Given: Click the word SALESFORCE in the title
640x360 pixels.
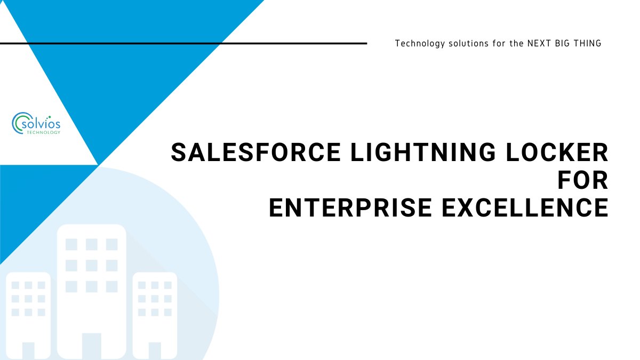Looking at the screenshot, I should point(255,153).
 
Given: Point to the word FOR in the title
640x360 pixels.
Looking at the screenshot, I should point(583,181).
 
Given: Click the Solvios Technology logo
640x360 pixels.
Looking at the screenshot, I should point(36,123).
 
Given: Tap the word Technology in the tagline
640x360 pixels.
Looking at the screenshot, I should point(420,43).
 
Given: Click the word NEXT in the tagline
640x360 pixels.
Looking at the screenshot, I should point(539,43).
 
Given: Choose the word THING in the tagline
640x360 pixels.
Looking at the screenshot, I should point(589,43).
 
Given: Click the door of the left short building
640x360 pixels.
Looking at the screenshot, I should point(28,350).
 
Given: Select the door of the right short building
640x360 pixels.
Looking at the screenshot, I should point(155,350).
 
